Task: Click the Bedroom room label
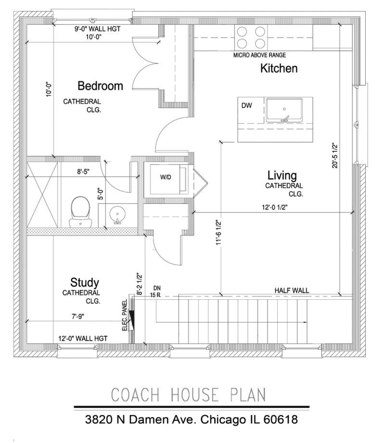(x=100, y=86)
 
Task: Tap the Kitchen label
(x=279, y=68)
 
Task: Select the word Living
(x=282, y=175)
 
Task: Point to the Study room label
(x=85, y=282)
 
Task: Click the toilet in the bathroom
(x=80, y=212)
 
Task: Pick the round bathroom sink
(x=117, y=215)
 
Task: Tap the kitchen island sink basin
(x=284, y=110)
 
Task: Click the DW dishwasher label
(x=246, y=106)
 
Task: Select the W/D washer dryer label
(x=166, y=177)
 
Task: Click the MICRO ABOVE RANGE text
(x=259, y=55)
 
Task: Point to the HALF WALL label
(x=292, y=291)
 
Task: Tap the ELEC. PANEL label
(x=125, y=315)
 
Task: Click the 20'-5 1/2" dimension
(x=335, y=155)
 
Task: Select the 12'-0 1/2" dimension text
(x=275, y=207)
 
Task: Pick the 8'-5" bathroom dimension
(x=83, y=172)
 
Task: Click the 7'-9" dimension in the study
(x=78, y=317)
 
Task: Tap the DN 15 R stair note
(x=156, y=292)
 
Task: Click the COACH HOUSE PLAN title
(x=189, y=395)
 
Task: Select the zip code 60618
(x=281, y=419)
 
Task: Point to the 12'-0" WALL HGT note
(x=83, y=338)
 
